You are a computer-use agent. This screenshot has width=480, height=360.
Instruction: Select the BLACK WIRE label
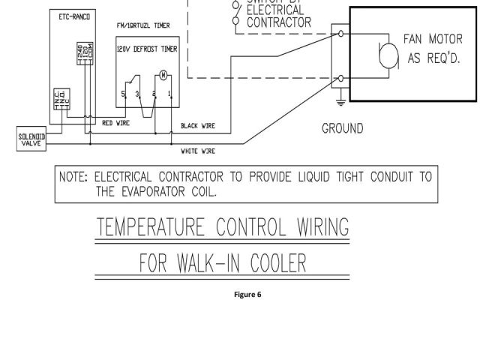click(199, 127)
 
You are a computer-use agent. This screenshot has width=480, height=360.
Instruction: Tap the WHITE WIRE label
click(199, 151)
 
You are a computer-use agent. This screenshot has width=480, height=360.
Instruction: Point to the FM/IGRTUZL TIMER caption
click(143, 25)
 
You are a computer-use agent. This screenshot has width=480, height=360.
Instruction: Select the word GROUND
click(343, 128)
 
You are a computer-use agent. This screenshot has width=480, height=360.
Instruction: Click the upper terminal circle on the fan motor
click(342, 34)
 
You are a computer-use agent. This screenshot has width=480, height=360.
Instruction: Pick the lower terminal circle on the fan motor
click(342, 78)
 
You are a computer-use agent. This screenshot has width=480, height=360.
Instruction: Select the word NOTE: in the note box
click(73, 177)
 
